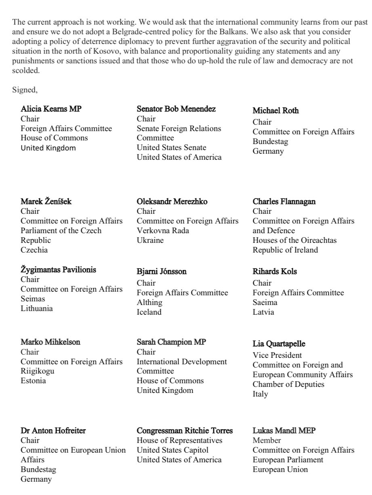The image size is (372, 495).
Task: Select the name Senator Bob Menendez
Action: coord(176,109)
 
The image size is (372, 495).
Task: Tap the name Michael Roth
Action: coord(276,111)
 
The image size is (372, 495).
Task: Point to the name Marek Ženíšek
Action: coord(46,201)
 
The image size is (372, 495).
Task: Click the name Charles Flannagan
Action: coord(284,201)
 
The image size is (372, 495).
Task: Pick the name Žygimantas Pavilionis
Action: coord(58,269)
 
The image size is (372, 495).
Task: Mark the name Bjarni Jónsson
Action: coord(162,272)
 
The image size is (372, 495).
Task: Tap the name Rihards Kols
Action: coord(275,272)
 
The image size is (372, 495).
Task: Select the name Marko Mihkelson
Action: coord(50,342)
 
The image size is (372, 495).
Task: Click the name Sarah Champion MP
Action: coord(171,342)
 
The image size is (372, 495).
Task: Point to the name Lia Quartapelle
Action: coord(279,344)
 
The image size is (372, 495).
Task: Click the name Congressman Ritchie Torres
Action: coord(185,430)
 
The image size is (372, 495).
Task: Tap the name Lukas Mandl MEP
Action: coord(284,430)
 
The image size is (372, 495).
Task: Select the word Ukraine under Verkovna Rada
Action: coord(150,240)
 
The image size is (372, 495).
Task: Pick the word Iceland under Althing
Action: coord(149,312)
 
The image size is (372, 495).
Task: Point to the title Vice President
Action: coord(277,355)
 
